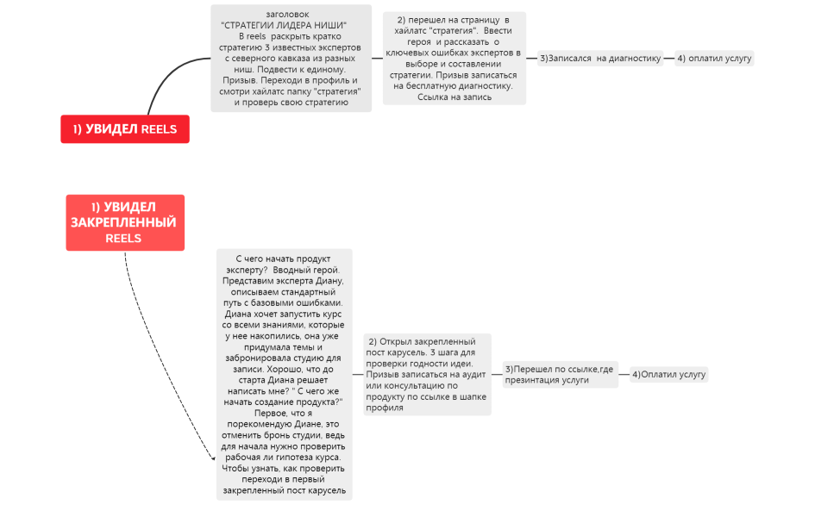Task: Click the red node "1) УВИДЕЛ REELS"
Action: tap(124, 129)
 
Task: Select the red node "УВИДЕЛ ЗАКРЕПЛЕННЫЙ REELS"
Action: tap(124, 222)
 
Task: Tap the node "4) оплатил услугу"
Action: tap(714, 59)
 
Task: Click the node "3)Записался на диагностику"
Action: tap(599, 59)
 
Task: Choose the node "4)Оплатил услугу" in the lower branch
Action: tap(668, 375)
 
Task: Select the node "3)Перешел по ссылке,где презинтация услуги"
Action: tap(560, 374)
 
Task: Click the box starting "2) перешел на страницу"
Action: tap(455, 58)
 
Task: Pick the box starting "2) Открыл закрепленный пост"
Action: tap(427, 374)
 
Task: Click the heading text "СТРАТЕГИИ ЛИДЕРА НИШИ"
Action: tap(284, 25)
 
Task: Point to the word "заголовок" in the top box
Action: tap(287, 14)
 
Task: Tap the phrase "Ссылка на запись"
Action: tap(455, 97)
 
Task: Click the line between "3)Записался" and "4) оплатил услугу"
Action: tap(668, 59)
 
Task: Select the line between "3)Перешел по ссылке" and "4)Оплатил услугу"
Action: tap(624, 375)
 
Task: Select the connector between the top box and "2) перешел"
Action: tap(377, 58)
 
